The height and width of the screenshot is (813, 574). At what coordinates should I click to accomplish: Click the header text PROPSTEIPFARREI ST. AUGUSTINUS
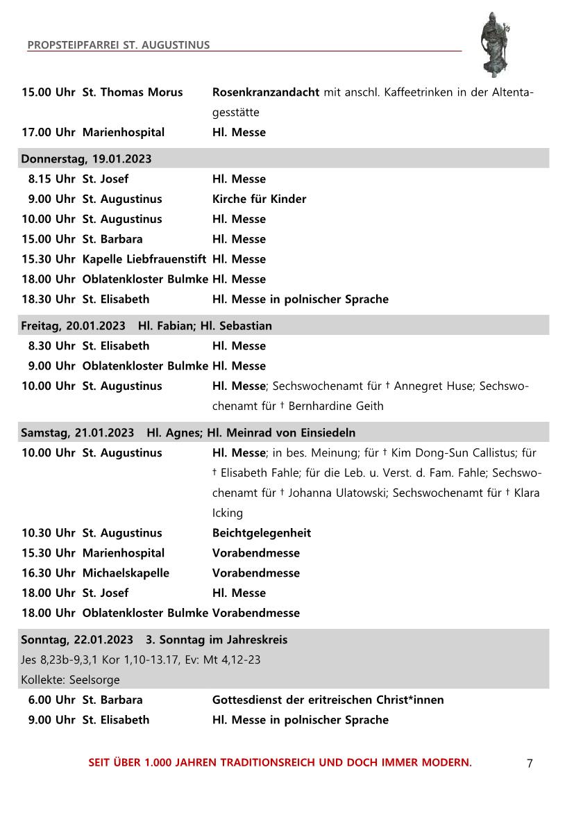click(x=119, y=45)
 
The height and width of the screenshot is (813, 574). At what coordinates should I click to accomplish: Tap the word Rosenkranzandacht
click(x=266, y=92)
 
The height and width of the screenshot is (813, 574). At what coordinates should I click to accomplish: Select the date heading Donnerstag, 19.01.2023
click(x=86, y=158)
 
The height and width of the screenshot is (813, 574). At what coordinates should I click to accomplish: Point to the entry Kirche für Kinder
click(x=259, y=199)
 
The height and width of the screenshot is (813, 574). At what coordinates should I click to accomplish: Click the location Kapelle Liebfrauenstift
click(x=144, y=259)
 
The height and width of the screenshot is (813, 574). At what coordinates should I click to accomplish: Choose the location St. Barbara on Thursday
click(x=112, y=239)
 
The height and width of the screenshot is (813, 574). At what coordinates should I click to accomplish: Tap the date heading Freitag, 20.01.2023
click(x=73, y=326)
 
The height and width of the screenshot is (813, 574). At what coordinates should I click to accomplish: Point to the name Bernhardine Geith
click(x=335, y=406)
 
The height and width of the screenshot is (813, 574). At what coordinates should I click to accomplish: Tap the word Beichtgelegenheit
click(x=261, y=533)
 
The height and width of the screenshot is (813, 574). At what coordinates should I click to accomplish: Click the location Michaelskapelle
click(x=126, y=573)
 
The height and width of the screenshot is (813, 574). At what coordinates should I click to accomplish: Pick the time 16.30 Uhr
click(x=49, y=573)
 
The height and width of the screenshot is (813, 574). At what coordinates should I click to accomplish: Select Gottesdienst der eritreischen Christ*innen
click(x=328, y=700)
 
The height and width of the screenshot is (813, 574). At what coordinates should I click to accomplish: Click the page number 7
click(x=530, y=763)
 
